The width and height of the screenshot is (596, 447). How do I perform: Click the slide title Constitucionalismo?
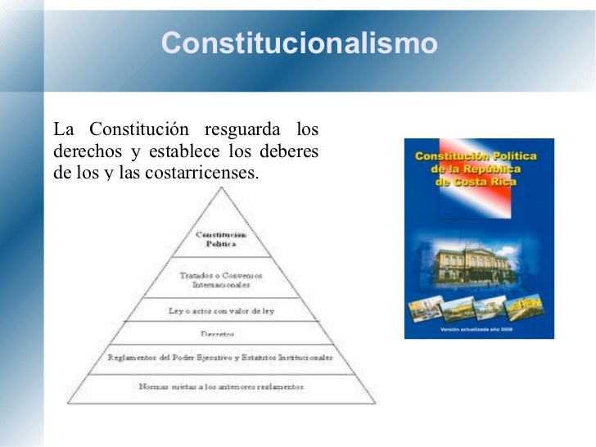tap(300, 43)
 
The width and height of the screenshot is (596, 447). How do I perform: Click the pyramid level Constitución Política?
tap(221, 239)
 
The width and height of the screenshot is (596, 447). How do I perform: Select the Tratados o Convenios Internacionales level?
tap(221, 280)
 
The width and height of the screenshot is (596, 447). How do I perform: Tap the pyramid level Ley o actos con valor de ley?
tap(221, 311)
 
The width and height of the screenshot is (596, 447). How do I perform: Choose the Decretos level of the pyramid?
tap(221, 334)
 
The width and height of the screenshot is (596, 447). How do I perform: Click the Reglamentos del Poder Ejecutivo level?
tap(221, 358)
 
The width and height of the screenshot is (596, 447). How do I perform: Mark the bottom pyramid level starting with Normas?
tap(221, 386)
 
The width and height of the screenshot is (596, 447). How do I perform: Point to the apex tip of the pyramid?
tap(221, 188)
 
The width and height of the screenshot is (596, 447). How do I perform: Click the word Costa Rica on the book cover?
tap(487, 181)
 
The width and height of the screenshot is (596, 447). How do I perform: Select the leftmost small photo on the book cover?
tap(426, 308)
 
